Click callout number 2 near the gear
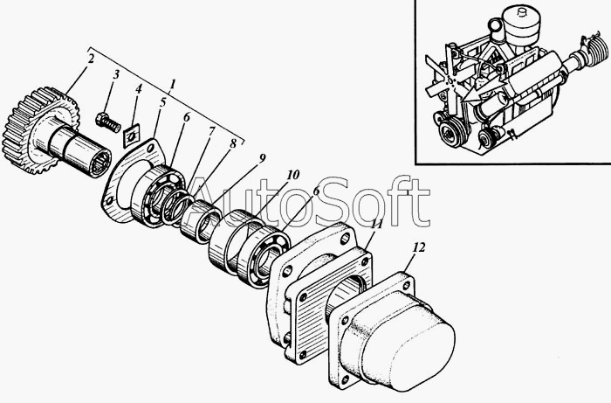(91, 59)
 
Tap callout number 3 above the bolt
(115, 75)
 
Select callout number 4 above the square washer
(138, 89)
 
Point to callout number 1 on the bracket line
(173, 83)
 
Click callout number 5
(162, 102)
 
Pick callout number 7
(211, 131)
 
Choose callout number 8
(233, 143)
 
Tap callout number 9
(262, 157)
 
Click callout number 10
(293, 174)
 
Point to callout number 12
(419, 247)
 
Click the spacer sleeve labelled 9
(200, 222)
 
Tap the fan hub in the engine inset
(451, 81)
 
